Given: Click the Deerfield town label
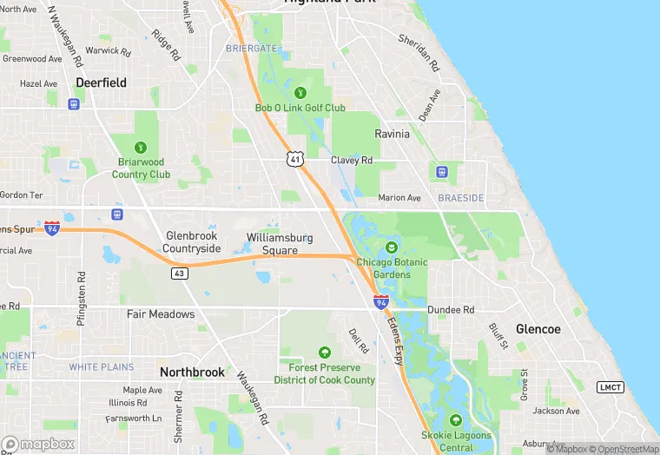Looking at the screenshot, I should [x=101, y=82].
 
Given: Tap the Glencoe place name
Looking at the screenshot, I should [x=538, y=329].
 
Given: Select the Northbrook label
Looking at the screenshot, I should [x=192, y=372].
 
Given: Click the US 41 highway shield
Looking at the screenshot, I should [x=296, y=160].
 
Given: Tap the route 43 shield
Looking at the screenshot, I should [x=179, y=273].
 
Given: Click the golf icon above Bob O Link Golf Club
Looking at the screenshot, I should [x=300, y=92].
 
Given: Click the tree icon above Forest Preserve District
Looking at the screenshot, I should [x=325, y=353].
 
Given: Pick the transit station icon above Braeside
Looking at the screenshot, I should [x=441, y=171].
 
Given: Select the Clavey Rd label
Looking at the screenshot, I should [x=352, y=161].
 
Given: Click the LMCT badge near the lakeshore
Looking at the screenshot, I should [x=610, y=386].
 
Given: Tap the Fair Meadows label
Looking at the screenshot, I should [x=161, y=313].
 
